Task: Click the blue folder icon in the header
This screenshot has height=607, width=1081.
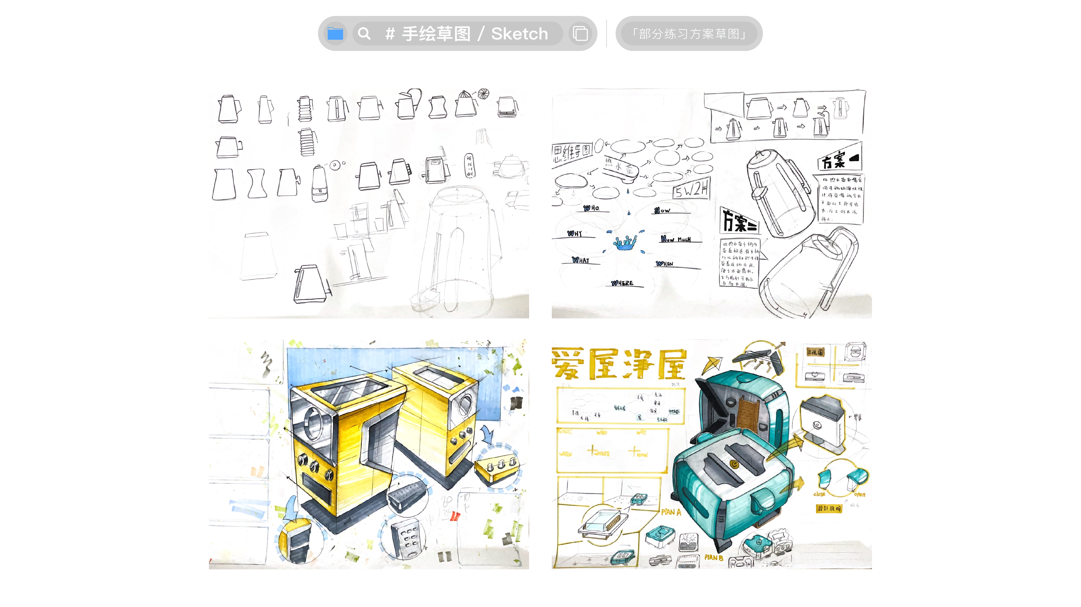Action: [x=335, y=34]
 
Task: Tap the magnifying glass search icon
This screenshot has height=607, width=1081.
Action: [x=364, y=34]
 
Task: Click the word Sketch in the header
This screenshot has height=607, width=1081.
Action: [x=519, y=34]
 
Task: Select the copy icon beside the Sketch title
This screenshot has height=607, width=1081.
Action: [x=580, y=34]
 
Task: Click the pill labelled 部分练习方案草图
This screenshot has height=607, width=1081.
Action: [x=689, y=34]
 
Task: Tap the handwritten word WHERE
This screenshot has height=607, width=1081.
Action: [x=622, y=283]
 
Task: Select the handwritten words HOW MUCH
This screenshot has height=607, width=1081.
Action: [x=676, y=239]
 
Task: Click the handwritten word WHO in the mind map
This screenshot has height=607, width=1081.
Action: [x=591, y=208]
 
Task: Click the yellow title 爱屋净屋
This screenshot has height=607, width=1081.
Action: [x=619, y=364]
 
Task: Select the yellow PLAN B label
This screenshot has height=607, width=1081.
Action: [x=713, y=558]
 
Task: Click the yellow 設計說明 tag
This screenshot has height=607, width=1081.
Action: [x=829, y=508]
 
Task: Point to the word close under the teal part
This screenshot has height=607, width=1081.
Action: [x=819, y=494]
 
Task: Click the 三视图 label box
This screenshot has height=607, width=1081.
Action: [x=816, y=352]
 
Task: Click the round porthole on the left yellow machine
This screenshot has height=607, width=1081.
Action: [x=313, y=421]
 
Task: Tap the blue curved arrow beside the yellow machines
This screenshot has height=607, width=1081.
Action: [x=488, y=434]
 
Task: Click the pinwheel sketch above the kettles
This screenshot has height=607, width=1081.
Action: [x=484, y=94]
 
